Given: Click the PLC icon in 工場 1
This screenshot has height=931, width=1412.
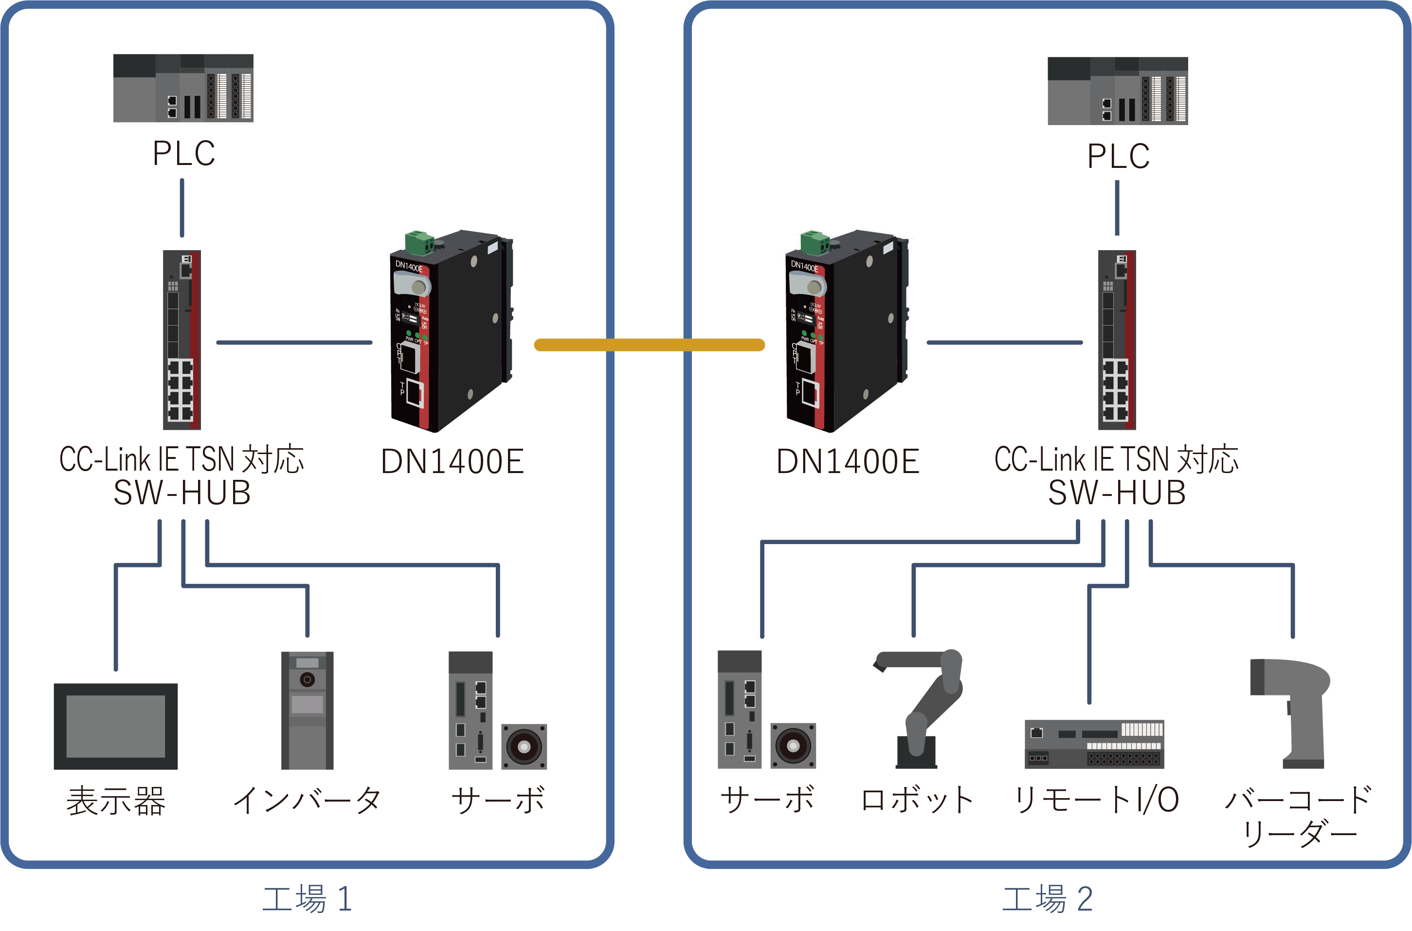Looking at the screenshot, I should (x=183, y=88).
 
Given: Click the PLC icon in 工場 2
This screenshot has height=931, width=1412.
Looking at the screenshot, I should (x=1117, y=91).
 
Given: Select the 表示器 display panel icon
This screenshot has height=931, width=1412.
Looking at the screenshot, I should (x=116, y=726).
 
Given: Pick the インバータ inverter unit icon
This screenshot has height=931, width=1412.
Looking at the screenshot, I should (x=307, y=710).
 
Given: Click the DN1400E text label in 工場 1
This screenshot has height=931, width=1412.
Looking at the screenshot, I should (x=453, y=461).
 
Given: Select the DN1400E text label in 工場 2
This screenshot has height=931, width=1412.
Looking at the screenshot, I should (x=848, y=461).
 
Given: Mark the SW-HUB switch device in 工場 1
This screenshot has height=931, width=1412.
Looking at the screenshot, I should (x=181, y=340).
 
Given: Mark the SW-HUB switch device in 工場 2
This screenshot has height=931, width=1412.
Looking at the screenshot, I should (x=1117, y=340).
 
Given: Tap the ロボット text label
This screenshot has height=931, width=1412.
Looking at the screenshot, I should (x=917, y=800).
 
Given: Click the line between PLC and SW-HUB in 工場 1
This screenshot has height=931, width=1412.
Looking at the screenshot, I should (x=181, y=208).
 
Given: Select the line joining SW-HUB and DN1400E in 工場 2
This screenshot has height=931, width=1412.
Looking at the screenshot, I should (x=1004, y=343).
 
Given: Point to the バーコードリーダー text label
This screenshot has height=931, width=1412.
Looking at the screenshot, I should (x=1298, y=815).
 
